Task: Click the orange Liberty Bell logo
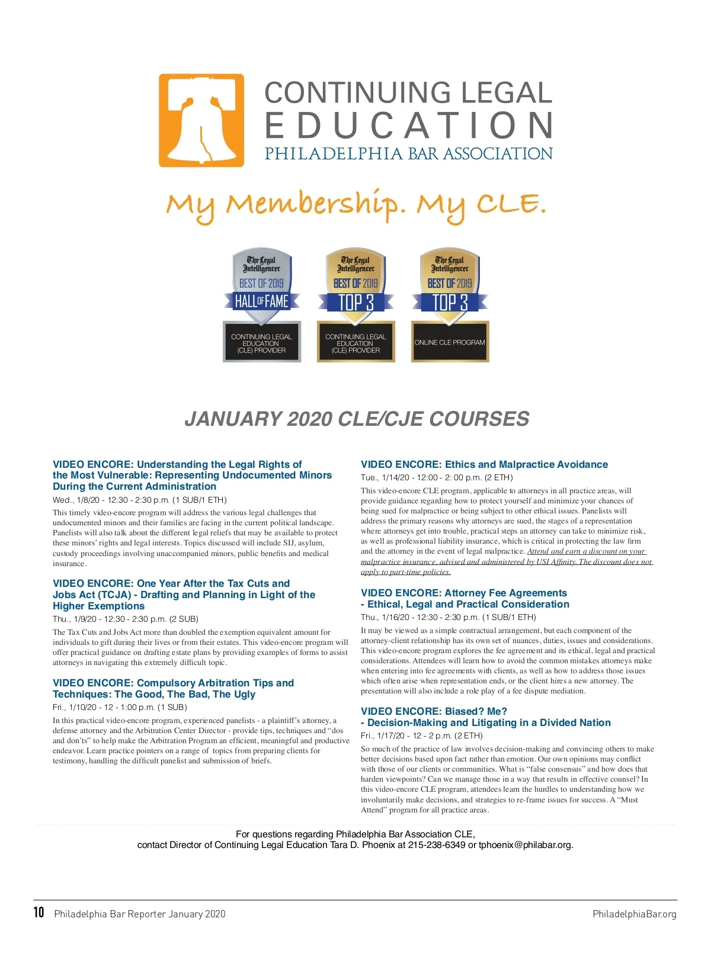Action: point(201,120)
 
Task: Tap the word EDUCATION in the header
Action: point(409,126)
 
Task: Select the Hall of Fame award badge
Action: point(262,301)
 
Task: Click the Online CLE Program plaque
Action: point(450,342)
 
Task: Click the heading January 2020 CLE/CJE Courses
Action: point(357,419)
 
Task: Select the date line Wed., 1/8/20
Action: point(140,500)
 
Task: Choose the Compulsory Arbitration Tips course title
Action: point(173,689)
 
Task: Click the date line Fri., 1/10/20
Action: point(120,707)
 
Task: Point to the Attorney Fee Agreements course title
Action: point(465,599)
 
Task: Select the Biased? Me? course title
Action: point(485,717)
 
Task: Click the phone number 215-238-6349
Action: point(437,845)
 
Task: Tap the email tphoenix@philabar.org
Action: point(526,845)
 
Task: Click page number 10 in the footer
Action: point(39,913)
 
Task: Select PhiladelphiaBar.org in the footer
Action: point(634,914)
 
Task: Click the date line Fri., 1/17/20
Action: point(422,735)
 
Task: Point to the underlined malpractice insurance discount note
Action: point(507,561)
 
